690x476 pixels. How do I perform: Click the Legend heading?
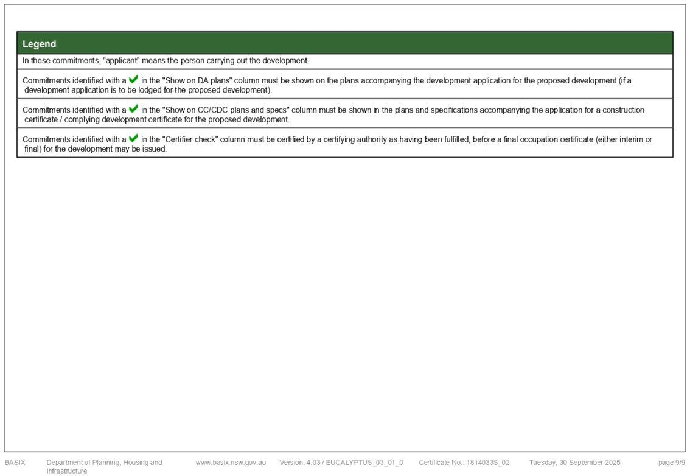[x=39, y=44]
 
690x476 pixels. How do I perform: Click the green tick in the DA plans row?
[x=133, y=79]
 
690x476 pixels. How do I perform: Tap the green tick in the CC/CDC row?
[x=133, y=109]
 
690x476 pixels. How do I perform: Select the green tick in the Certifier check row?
[x=133, y=138]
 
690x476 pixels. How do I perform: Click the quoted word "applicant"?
[x=121, y=61]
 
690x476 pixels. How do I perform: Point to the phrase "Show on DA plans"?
[x=197, y=80]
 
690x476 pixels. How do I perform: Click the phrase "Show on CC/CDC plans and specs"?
[x=226, y=110]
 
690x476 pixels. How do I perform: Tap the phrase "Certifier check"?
[x=190, y=139]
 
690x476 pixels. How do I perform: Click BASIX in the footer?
[x=15, y=463]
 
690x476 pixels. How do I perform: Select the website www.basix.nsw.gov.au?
[x=231, y=463]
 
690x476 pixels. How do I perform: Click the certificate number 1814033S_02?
[x=488, y=463]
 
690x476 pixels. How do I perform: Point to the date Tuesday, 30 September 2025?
[x=575, y=463]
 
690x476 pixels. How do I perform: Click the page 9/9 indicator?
[x=672, y=463]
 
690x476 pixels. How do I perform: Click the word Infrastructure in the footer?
[x=66, y=471]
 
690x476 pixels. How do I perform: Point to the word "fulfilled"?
[x=456, y=139]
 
